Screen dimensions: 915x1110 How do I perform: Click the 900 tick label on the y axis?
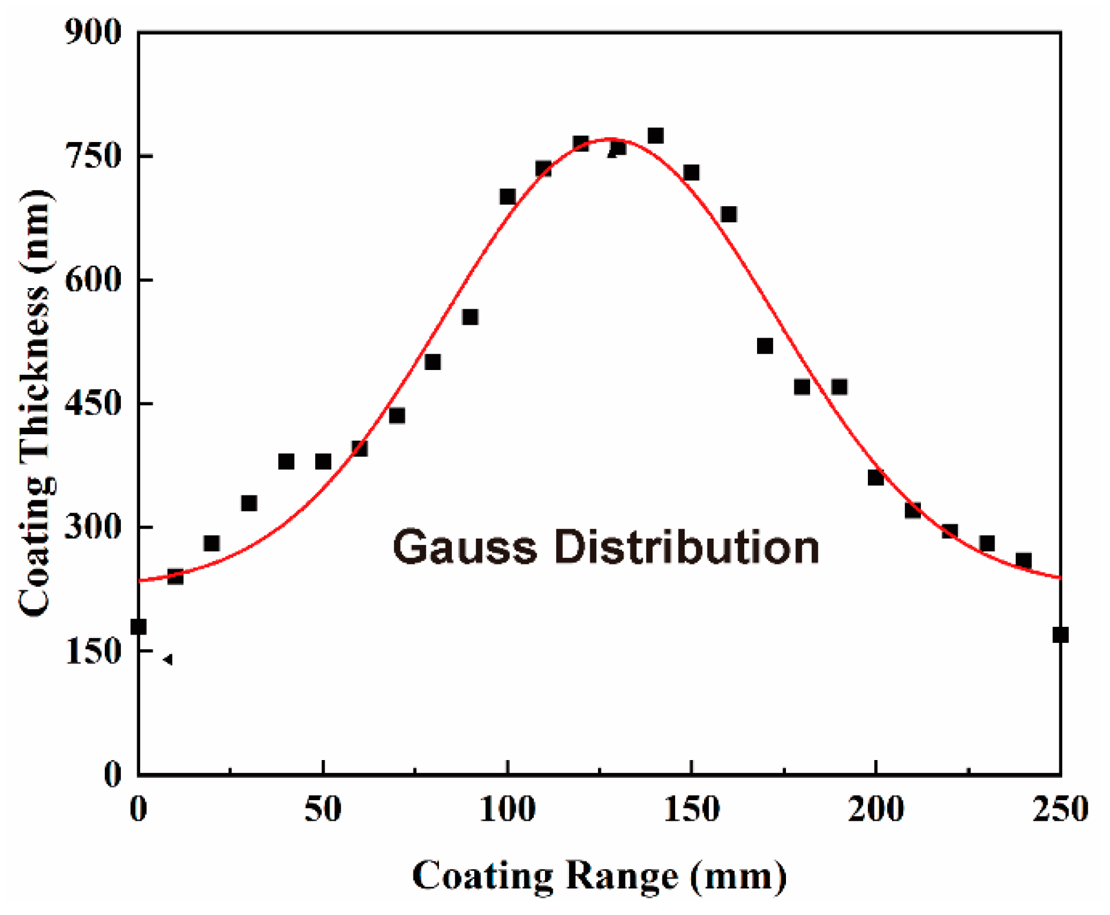point(93,32)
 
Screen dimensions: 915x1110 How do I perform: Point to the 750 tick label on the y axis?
point(93,156)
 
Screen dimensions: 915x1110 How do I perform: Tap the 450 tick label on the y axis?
point(93,403)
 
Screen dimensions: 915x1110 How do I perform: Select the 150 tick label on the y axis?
point(93,651)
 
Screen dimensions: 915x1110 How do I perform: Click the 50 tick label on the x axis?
point(323,809)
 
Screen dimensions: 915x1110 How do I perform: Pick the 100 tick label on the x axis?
point(507,809)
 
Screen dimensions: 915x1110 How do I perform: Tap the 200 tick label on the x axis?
point(876,809)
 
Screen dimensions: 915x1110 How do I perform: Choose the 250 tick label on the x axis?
point(1059,809)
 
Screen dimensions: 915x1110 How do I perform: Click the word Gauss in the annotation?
point(465,547)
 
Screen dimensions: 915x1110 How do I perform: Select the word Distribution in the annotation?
point(686,547)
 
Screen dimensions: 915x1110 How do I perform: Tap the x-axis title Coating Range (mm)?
point(599,876)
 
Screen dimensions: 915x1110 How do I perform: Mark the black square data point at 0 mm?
point(138,626)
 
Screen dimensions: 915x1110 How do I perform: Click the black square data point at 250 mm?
point(1060,635)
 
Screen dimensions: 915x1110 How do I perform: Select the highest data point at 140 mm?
point(655,136)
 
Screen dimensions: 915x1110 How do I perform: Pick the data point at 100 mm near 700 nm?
point(507,196)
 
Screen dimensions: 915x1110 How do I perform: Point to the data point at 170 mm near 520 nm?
point(765,346)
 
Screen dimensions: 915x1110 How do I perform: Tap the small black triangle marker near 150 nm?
point(168,659)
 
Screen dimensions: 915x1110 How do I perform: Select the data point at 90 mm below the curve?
point(470,317)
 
